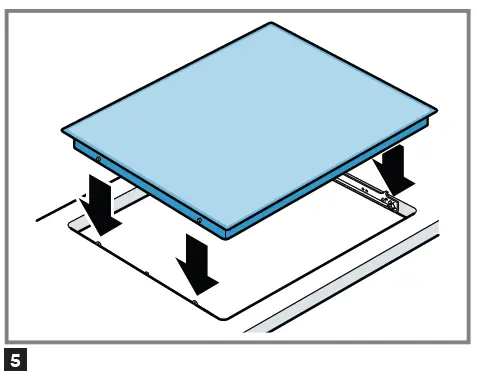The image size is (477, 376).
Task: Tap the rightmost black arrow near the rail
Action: [395, 168]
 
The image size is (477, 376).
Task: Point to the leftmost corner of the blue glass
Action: [63, 130]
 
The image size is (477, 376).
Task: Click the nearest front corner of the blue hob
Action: [226, 227]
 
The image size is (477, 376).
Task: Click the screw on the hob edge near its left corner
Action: [97, 159]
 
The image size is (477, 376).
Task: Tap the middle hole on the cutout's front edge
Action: [147, 272]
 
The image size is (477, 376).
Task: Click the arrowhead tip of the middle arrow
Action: [196, 290]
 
